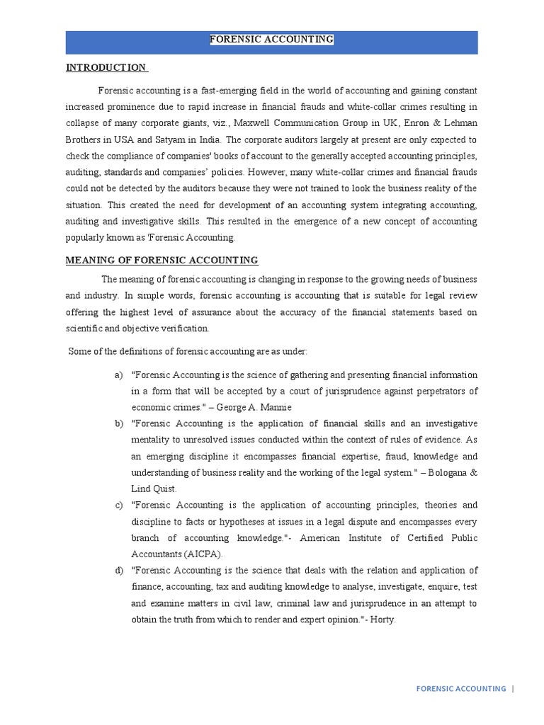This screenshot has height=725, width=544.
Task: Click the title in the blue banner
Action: tap(271, 40)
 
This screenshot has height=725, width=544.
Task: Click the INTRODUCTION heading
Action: tap(106, 68)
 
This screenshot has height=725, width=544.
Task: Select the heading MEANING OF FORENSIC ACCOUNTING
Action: tap(161, 260)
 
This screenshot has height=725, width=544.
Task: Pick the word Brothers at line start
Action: tap(83, 139)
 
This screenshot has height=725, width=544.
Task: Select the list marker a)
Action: tap(118, 375)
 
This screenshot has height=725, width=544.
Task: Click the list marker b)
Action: tap(118, 423)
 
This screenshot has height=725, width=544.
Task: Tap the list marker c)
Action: tap(118, 505)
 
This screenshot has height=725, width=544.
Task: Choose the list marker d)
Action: tap(118, 571)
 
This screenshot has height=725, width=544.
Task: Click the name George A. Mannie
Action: tap(254, 407)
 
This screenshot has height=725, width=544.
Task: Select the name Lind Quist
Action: tap(154, 489)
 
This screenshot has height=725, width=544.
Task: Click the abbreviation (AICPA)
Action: tap(202, 554)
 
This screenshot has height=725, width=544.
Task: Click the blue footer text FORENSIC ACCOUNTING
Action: tap(460, 688)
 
